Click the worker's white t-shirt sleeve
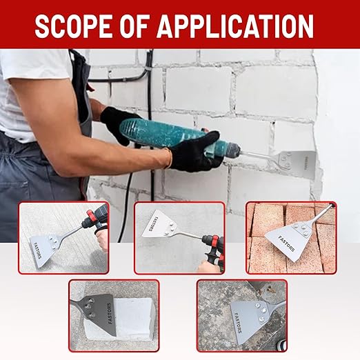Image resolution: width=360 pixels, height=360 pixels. (34, 76)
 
